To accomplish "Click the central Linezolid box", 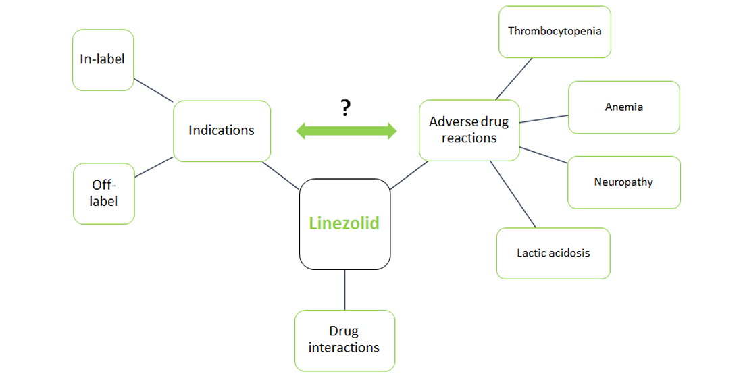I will (x=344, y=223).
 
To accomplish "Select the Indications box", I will (x=222, y=130).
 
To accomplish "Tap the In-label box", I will (x=103, y=59).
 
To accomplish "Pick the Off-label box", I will (x=103, y=192).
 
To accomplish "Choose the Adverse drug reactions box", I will (x=469, y=130).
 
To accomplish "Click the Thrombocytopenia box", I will (x=555, y=31).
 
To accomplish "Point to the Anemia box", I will (x=623, y=107).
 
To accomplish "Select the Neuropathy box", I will (x=623, y=182).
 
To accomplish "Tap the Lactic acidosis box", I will (x=553, y=253).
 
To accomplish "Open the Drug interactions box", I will (x=344, y=340).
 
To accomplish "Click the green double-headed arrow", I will (x=347, y=131).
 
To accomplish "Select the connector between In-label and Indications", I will (x=153, y=90).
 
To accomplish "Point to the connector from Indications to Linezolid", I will (x=280, y=175).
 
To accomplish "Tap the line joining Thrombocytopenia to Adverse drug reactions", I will (x=514, y=78).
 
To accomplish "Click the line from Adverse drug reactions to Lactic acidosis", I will (x=513, y=194).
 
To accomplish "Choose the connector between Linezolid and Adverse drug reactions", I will (x=405, y=175).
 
